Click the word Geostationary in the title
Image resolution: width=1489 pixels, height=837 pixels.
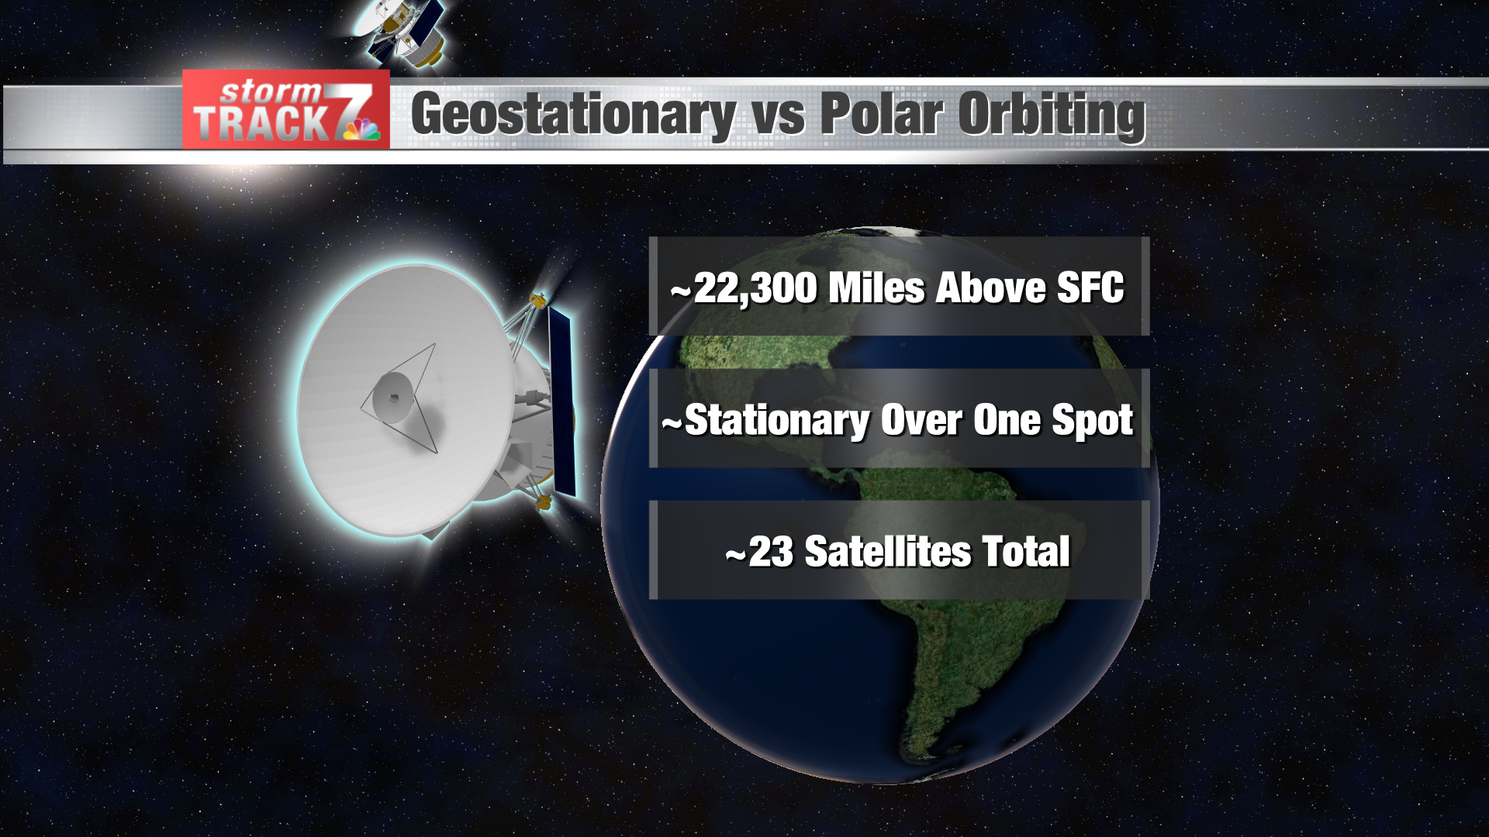[572, 115]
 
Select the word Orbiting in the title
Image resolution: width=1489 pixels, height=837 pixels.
[1052, 115]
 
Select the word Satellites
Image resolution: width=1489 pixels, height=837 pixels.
[888, 553]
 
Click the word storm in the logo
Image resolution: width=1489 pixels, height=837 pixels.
[270, 92]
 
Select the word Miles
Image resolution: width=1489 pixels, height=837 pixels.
[876, 288]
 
